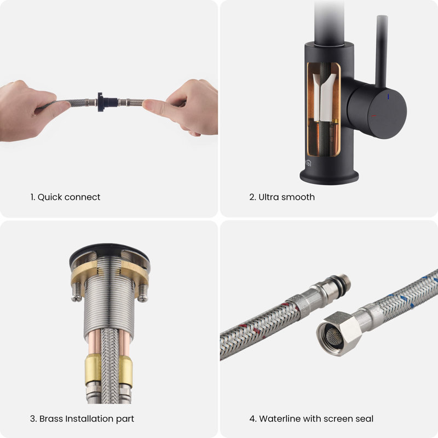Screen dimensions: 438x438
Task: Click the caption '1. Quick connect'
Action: tap(65, 197)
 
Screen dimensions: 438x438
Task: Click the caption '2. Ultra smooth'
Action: tap(282, 197)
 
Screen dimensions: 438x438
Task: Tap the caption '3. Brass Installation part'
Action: tap(82, 418)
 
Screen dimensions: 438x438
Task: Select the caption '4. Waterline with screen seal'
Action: tap(311, 418)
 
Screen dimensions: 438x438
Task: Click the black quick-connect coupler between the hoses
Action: tap(107, 102)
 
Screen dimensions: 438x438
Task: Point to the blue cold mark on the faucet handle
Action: tap(388, 97)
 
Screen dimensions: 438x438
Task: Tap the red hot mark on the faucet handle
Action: tap(373, 116)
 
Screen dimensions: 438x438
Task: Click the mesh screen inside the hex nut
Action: tap(335, 336)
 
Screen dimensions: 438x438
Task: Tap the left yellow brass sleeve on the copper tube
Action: tap(93, 369)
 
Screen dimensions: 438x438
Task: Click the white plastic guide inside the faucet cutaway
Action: tap(325, 95)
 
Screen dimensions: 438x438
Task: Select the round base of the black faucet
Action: tap(329, 176)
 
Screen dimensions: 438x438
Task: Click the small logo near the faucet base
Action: tap(308, 163)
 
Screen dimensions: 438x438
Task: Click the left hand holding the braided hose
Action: tap(31, 111)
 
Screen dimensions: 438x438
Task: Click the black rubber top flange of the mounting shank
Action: tap(110, 255)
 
